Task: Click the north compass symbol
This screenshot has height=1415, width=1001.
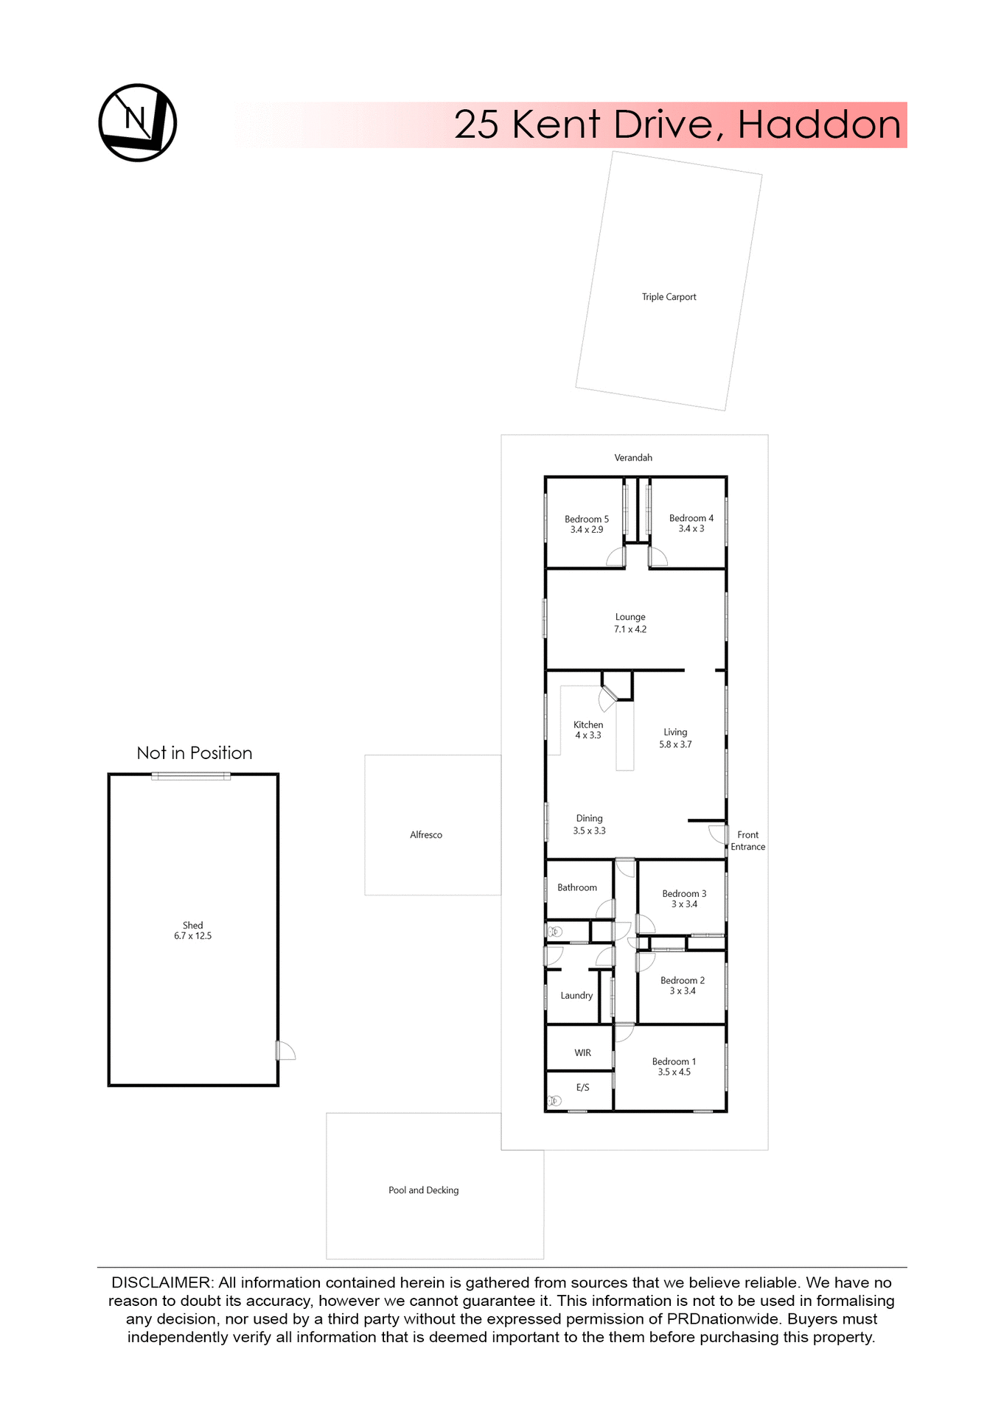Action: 138,122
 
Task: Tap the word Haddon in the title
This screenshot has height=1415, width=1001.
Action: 819,125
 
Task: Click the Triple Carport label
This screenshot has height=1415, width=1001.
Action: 669,297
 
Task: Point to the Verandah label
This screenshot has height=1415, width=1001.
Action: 633,458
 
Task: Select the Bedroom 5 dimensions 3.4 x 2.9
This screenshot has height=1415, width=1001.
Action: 587,530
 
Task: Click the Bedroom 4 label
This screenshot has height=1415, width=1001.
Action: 691,518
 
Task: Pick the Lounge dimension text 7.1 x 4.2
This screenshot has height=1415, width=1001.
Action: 630,629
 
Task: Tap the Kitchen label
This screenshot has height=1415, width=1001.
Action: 588,724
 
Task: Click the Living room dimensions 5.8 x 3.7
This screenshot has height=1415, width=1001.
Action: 675,744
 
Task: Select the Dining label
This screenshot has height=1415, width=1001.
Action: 589,818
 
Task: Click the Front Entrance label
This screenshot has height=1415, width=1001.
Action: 747,841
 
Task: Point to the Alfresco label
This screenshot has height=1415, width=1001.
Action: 426,835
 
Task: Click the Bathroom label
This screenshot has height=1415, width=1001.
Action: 577,887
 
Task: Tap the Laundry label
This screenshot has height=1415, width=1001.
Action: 576,996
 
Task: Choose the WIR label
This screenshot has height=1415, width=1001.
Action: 582,1052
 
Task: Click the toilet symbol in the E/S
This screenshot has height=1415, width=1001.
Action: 555,1101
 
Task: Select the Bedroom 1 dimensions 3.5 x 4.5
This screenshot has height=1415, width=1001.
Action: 674,1072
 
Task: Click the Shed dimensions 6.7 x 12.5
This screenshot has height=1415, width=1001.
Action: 192,936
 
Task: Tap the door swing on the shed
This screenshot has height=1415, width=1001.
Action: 286,1051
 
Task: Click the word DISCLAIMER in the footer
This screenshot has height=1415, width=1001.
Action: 161,1282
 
